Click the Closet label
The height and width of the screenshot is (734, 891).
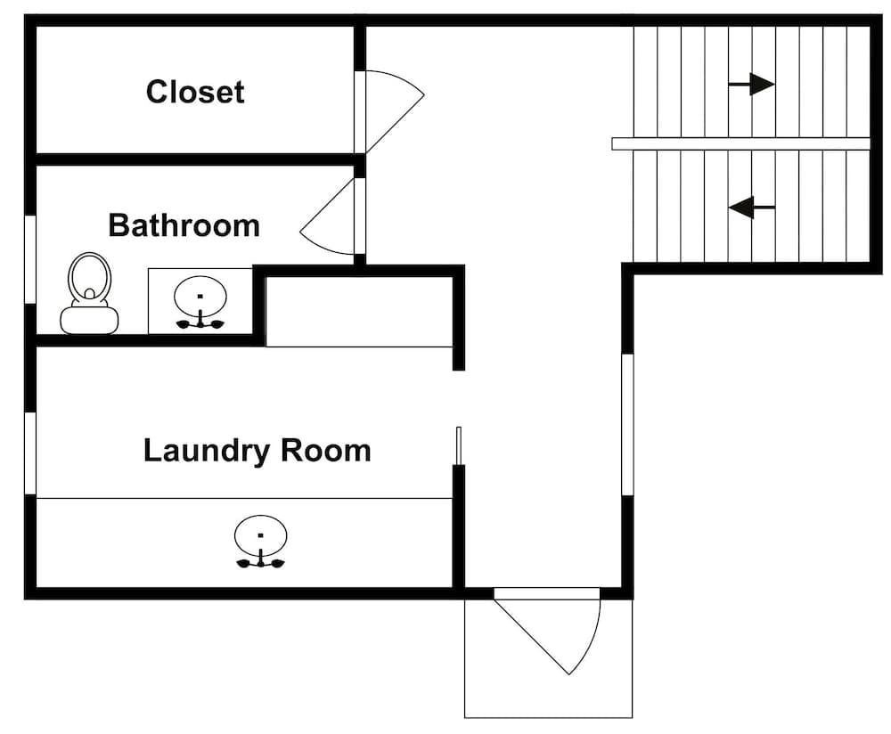195,92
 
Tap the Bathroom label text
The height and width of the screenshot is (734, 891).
184,225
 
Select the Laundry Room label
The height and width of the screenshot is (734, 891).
257,451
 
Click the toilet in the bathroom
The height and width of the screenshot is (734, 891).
89,293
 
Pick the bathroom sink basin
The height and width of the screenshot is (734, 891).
200,297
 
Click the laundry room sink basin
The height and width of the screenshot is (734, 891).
260,535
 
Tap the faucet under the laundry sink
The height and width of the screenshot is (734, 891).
261,561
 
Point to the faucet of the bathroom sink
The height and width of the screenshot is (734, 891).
200,322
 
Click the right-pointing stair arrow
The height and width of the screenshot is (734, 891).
751,85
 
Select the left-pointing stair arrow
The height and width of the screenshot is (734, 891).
751,208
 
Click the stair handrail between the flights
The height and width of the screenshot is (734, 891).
741,143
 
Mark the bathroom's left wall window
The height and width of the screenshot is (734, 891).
30,259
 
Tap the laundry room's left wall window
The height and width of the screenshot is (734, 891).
30,453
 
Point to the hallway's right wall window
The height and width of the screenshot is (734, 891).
627,424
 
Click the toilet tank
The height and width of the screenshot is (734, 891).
89,321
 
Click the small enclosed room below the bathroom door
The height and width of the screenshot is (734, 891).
359,311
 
